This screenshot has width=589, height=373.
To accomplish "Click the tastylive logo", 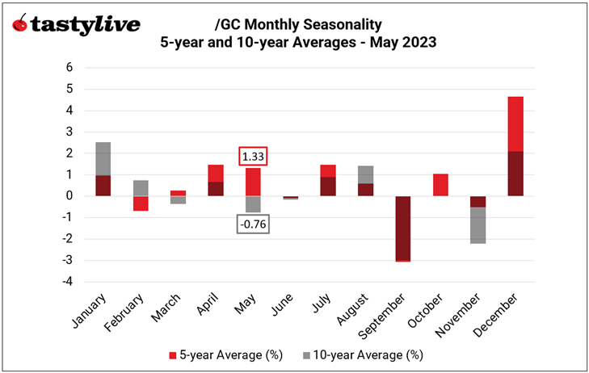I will tap(76, 24).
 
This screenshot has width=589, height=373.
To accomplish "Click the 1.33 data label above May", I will tap(253, 156).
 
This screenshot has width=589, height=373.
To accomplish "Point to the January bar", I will tap(103, 169).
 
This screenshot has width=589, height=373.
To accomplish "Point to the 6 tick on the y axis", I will tap(69, 67).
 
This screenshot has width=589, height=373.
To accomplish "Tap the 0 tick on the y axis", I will tap(69, 196).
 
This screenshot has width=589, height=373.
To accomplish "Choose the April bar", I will tap(215, 180).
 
